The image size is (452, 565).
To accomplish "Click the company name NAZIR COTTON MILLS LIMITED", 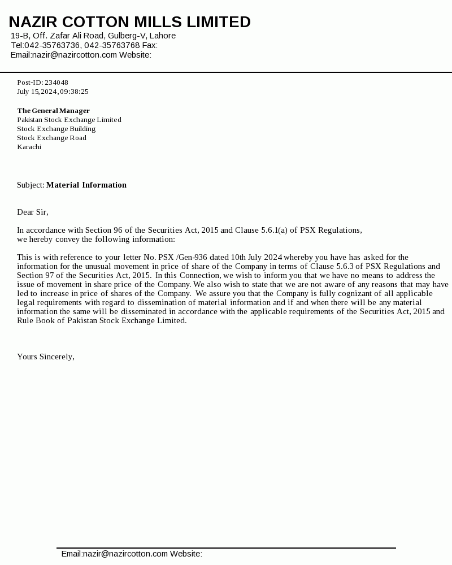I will coord(129,22).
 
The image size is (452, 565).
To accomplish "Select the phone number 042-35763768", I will coord(112,45).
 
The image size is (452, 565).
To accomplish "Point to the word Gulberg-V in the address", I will coord(127,36).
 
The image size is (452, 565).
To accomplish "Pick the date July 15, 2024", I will coord(37,92).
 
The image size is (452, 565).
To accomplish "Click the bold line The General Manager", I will coord(53,111).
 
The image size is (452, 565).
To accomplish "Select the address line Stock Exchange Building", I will coord(56,129).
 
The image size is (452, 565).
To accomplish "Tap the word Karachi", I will coord(29,147).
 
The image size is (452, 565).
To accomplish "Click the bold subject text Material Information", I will coord(86,185).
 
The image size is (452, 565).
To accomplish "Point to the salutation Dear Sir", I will coord(32,212).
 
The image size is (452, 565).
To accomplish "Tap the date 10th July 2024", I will coord(257,257).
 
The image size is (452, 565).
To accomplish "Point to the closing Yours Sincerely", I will coord(45,357).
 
